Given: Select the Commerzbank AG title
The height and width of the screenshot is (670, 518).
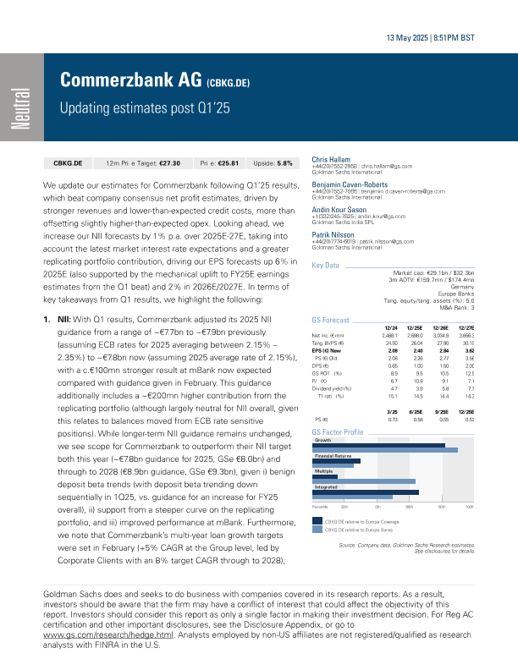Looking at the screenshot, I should point(129,81).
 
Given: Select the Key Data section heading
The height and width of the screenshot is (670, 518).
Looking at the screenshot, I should point(326,266).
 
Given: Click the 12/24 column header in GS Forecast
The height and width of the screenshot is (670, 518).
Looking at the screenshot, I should point(391,327).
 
